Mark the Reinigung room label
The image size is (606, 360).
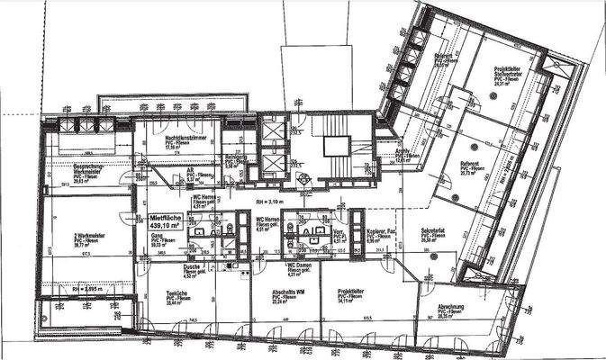(x=233, y=159)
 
